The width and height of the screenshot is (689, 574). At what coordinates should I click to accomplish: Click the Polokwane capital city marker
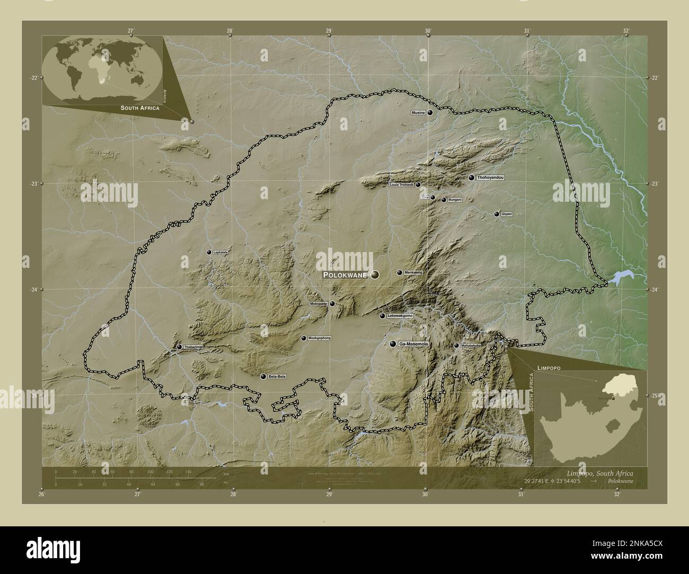point(375,274)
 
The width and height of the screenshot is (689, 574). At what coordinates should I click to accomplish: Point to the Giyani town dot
point(497,214)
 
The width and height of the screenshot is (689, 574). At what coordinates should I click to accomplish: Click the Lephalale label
point(220,253)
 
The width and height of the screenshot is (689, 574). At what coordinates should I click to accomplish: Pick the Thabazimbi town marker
point(180,347)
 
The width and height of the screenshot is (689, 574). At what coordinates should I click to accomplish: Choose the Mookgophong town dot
point(304,338)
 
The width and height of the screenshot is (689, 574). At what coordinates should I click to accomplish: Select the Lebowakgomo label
point(400,316)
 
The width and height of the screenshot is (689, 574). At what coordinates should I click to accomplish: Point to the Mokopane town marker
point(332,303)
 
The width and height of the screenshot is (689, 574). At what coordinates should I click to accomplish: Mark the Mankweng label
point(413,273)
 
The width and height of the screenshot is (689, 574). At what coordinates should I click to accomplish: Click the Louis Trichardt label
point(401,185)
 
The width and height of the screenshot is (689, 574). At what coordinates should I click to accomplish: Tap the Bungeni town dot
point(444,200)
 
